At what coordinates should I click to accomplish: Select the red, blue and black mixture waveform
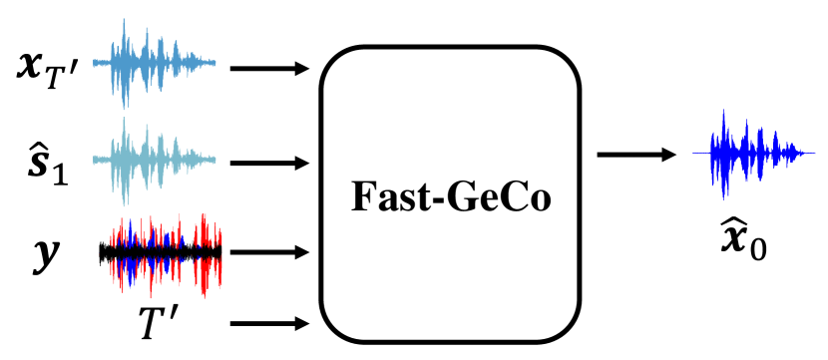(160, 252)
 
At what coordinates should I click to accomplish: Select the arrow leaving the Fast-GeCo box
(634, 154)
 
